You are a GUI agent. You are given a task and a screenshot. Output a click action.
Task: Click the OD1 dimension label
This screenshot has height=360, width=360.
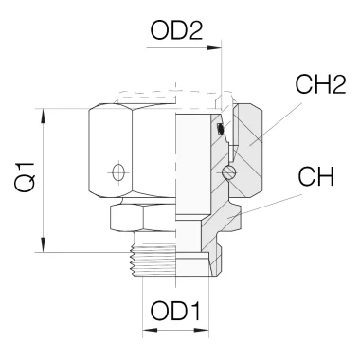tap(173, 310)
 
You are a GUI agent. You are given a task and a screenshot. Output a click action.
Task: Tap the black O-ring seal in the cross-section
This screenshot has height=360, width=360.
tap(220, 130)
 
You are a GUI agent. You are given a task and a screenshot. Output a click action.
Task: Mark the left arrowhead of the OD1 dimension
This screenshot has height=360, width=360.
tap(147, 332)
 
